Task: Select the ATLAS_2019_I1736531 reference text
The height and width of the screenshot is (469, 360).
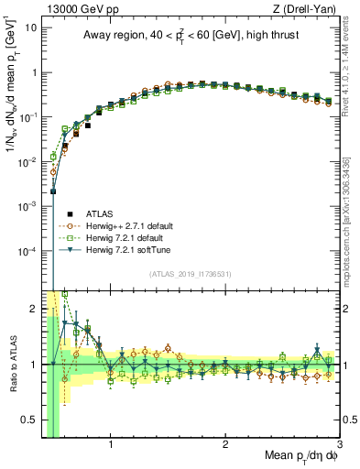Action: coord(189,273)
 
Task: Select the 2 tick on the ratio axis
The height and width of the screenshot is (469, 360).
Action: coord(33,309)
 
